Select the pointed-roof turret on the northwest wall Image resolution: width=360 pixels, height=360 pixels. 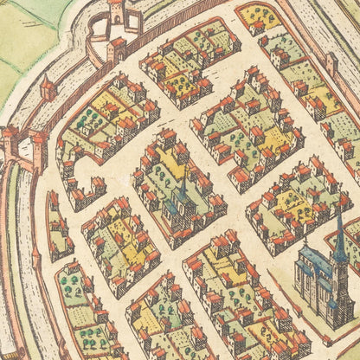(48, 87)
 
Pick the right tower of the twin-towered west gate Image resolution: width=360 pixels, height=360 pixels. (38, 143)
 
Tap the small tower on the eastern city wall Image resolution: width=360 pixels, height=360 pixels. (331, 61)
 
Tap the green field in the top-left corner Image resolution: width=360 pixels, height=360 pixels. (22, 35)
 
